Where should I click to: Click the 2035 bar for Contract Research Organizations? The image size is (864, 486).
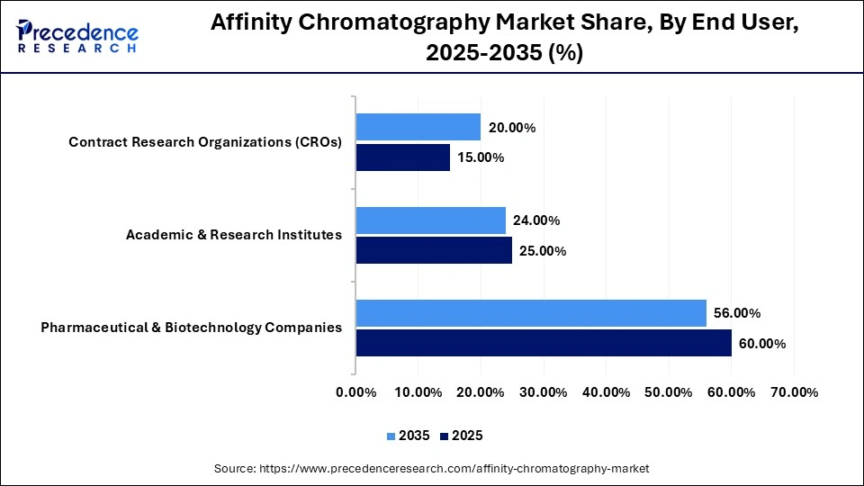pyautogui.click(x=418, y=127)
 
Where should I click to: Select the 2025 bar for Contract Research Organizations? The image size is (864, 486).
pyautogui.click(x=402, y=157)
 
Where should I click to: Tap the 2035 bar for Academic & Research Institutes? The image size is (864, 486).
pyautogui.click(x=430, y=220)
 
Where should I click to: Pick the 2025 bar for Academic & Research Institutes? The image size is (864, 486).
pyautogui.click(x=434, y=250)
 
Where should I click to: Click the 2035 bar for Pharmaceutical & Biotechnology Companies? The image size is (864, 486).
pyautogui.click(x=531, y=312)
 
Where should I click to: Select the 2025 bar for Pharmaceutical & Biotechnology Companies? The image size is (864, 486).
pyautogui.click(x=544, y=343)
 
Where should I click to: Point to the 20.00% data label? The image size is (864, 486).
pyautogui.click(x=512, y=128)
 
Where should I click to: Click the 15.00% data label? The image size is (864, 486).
pyautogui.click(x=481, y=158)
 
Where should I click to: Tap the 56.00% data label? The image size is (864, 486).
pyautogui.click(x=737, y=313)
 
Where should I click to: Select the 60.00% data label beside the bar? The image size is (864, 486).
pyautogui.click(x=762, y=344)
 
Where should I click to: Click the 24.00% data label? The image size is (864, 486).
pyautogui.click(x=536, y=220)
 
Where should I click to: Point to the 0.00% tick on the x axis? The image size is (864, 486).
pyautogui.click(x=355, y=392)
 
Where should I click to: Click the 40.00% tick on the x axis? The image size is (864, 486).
pyautogui.click(x=606, y=392)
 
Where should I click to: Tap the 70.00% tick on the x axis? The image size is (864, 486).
pyautogui.click(x=794, y=392)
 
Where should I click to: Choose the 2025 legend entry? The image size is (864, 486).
pyautogui.click(x=461, y=436)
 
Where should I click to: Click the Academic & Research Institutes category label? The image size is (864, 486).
pyautogui.click(x=234, y=235)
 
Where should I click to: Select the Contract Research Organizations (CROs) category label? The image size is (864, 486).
pyautogui.click(x=205, y=142)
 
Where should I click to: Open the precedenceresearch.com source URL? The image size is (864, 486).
pyautogui.click(x=454, y=469)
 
